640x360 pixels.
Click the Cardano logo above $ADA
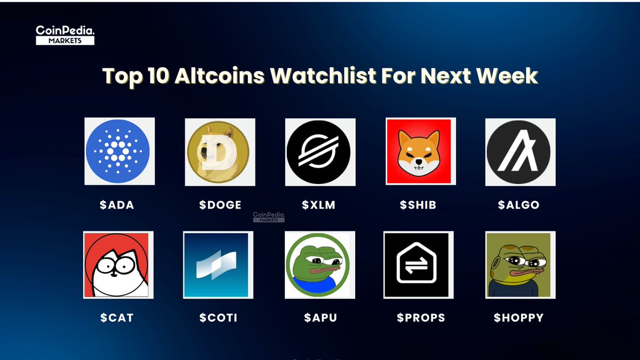119,151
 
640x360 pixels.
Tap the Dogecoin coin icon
220,152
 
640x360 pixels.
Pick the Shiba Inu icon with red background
420,152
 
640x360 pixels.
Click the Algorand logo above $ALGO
520,152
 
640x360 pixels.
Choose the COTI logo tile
218,265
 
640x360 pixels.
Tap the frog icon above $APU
319,265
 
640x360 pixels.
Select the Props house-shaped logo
418,265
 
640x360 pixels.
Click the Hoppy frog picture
520,265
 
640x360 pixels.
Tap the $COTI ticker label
218,318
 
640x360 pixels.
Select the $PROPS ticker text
420,318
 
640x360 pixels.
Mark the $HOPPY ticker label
518,318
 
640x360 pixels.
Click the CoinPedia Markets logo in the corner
65,35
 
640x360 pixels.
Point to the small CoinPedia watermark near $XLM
269,215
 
